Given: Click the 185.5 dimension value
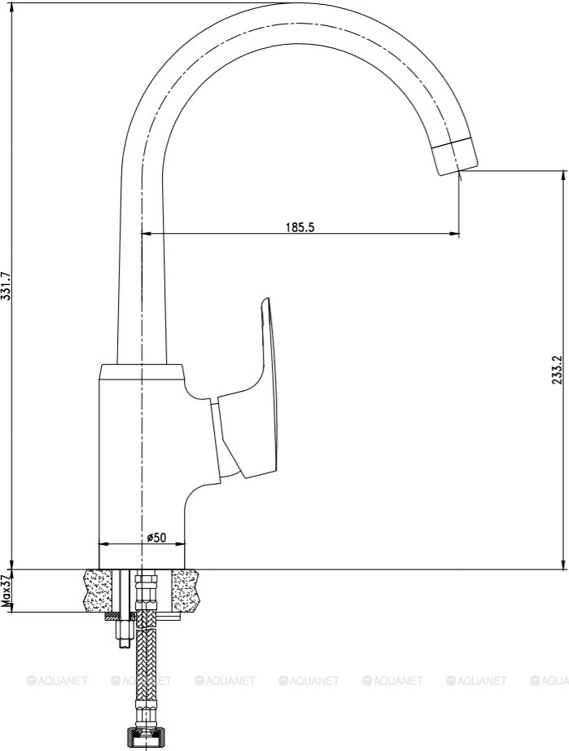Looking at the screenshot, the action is click(x=300, y=227).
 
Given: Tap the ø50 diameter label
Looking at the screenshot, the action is click(x=156, y=538).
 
